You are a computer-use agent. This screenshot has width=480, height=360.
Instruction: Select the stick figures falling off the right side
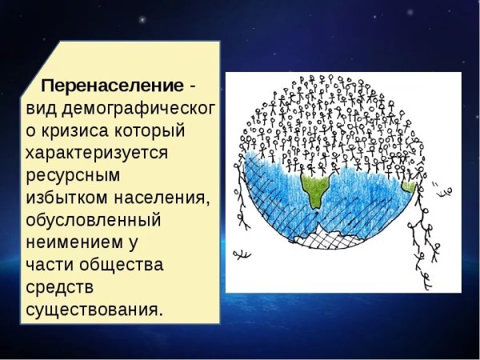point(428,240)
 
